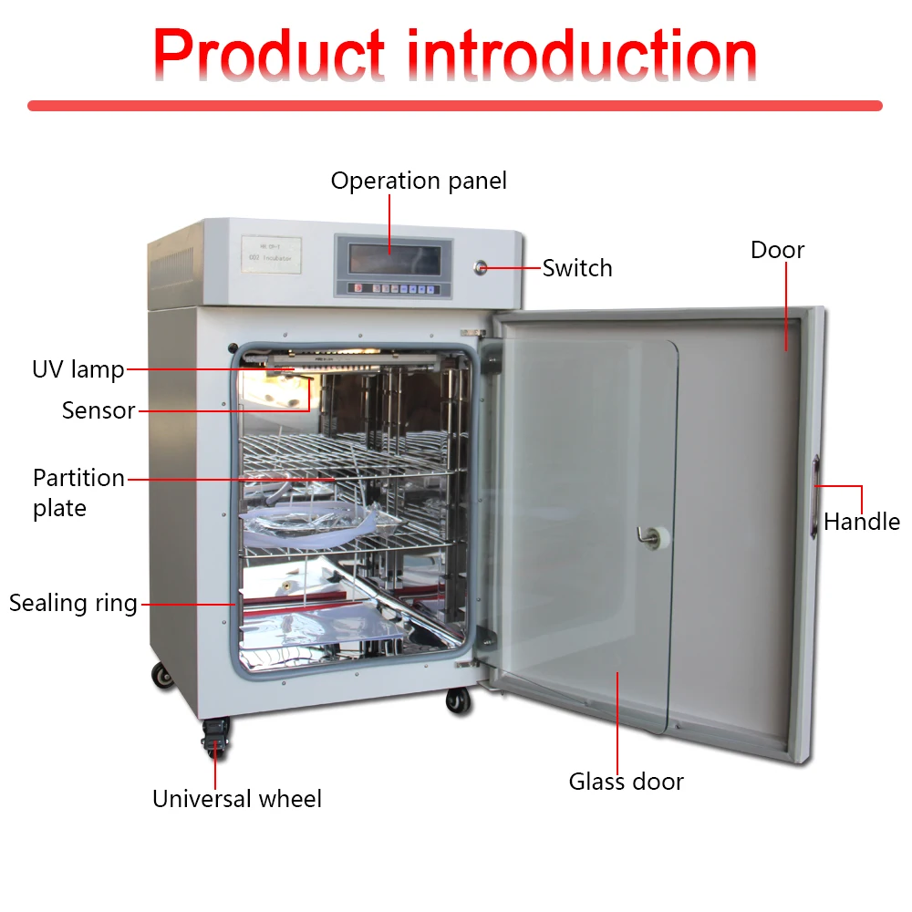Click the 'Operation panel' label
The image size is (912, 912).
pyautogui.click(x=419, y=181)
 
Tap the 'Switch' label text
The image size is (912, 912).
pyautogui.click(x=577, y=268)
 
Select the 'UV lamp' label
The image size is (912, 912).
pyautogui.click(x=78, y=369)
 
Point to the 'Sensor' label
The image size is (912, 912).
pyautogui.click(x=98, y=410)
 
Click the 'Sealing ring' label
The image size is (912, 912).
pyautogui.click(x=73, y=603)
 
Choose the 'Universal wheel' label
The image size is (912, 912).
pyautogui.click(x=237, y=799)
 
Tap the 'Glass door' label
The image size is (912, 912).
pyautogui.click(x=626, y=782)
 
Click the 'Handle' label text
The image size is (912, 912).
pyautogui.click(x=861, y=522)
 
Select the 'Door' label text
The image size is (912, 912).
pyautogui.click(x=777, y=250)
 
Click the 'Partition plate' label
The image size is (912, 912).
pyautogui.click(x=78, y=492)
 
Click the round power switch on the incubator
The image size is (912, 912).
pyautogui.click(x=481, y=267)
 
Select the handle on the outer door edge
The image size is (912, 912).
pyautogui.click(x=814, y=497)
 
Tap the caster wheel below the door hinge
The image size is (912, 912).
pyautogui.click(x=458, y=700)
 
